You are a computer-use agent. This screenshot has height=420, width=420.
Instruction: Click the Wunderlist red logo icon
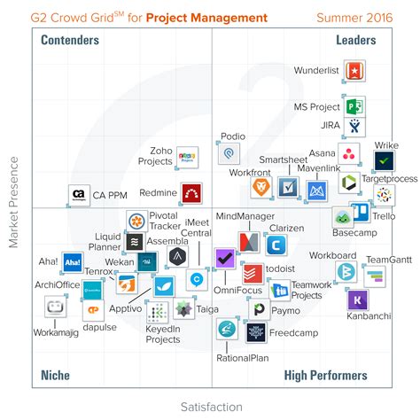point(354,71)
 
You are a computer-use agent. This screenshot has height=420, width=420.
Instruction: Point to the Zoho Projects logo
point(186,157)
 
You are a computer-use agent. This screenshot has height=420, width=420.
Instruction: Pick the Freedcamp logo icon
point(257,332)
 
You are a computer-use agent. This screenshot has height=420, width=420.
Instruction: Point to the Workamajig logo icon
point(57,307)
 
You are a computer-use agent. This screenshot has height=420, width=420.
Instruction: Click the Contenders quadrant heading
point(70,41)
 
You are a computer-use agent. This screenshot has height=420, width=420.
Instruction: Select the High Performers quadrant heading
point(325,376)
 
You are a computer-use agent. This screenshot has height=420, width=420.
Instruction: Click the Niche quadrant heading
point(55,376)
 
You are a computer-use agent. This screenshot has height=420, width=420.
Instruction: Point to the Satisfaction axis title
point(209,407)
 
